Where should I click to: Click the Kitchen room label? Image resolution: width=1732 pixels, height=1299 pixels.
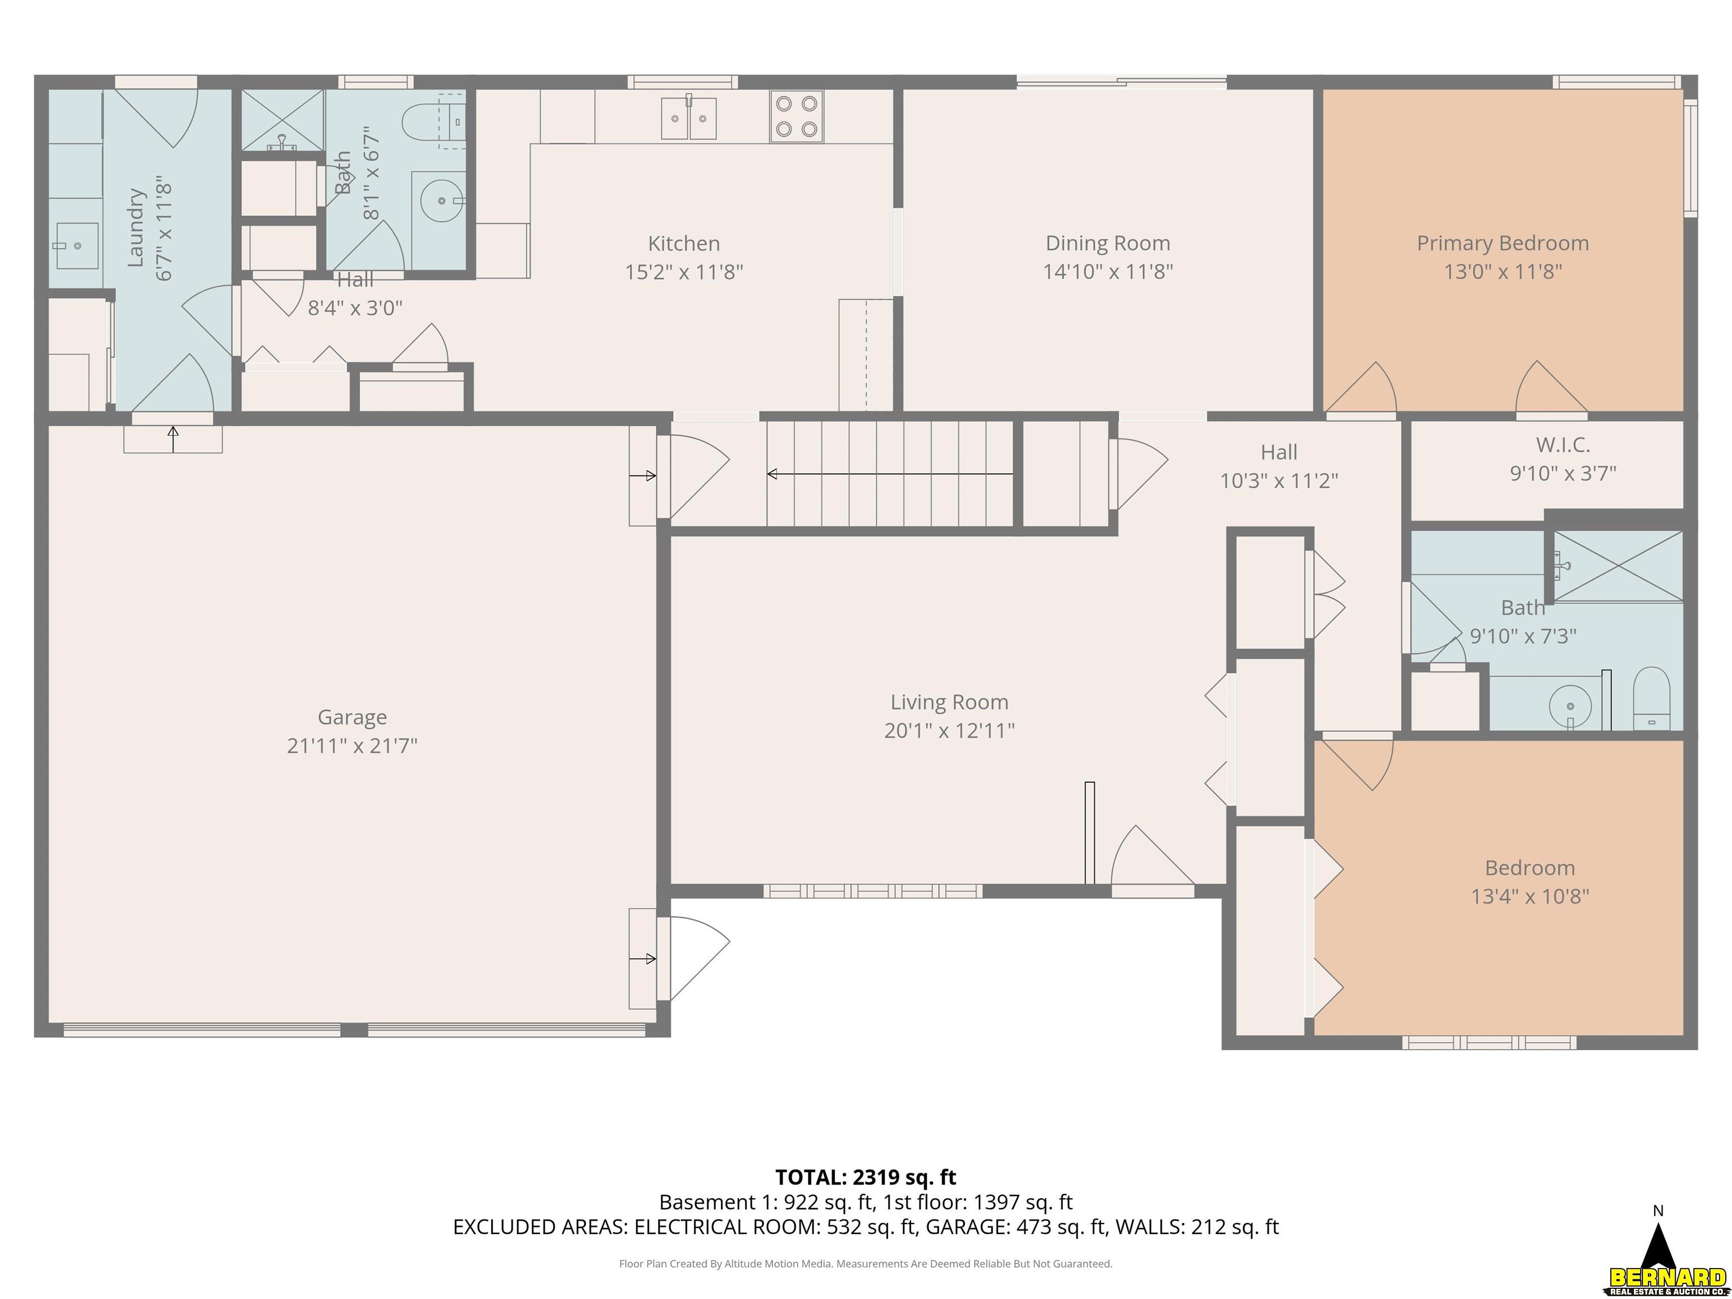(x=683, y=244)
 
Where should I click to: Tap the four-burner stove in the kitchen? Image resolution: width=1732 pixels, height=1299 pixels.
(x=796, y=117)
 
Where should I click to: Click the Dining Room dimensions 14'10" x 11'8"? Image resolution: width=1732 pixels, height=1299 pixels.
(x=1108, y=272)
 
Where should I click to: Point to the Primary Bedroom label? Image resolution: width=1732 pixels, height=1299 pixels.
(x=1503, y=244)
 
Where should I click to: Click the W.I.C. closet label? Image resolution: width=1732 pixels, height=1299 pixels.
(x=1563, y=445)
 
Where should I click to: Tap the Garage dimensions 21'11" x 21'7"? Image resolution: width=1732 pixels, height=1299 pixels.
(x=352, y=745)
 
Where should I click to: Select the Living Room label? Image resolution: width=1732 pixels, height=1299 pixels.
(x=949, y=702)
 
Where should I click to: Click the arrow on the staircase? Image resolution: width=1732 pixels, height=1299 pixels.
(x=890, y=474)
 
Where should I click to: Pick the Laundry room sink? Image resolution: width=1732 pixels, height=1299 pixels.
(x=77, y=246)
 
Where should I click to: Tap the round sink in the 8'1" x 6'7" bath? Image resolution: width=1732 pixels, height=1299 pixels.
(x=441, y=201)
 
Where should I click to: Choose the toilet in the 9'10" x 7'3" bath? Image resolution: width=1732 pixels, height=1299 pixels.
(x=1652, y=699)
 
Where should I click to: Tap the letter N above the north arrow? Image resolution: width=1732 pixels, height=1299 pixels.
(x=1658, y=1211)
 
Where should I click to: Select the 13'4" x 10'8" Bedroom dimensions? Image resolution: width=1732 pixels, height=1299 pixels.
(x=1530, y=896)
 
